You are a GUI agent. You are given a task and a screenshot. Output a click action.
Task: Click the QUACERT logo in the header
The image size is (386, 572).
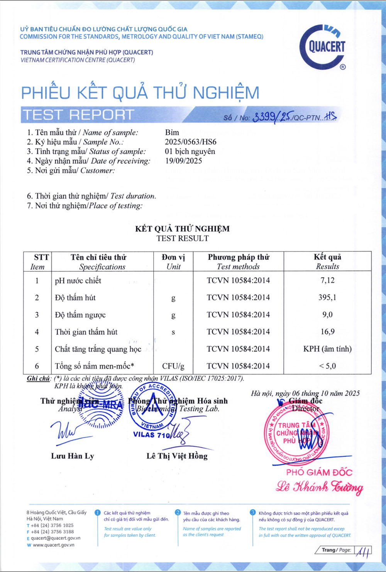point(323,47)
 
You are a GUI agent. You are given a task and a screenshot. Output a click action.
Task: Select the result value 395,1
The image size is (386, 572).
point(327,297)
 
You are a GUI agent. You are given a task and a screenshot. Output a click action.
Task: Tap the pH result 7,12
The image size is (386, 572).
point(327,280)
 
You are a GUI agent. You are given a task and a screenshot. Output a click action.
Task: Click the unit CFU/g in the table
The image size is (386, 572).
point(173,366)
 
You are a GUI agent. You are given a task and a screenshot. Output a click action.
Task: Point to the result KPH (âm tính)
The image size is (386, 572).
point(327,349)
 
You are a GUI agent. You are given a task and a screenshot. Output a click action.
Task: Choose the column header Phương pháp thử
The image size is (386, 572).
point(238,257)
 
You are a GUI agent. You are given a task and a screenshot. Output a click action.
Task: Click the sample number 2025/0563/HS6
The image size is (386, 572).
point(190,142)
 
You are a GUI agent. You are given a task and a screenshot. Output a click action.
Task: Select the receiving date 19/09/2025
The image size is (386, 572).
point(183,161)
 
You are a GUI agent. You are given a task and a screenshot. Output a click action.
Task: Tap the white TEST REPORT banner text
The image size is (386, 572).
point(78,115)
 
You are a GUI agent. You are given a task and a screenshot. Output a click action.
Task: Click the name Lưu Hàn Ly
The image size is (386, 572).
point(73,456)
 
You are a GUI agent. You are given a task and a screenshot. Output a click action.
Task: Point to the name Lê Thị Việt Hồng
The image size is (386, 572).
point(177,456)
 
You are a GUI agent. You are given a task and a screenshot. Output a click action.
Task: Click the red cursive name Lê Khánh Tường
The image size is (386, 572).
point(319,487)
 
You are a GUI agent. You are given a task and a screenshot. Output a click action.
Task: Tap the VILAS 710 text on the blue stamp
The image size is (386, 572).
point(151,435)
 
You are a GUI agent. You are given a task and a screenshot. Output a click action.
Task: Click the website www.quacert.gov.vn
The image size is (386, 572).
point(53,545)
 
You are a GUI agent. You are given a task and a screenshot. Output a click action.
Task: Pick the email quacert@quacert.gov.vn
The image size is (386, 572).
point(56,538)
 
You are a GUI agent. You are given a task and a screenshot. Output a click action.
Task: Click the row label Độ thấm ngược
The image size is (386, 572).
point(80,315)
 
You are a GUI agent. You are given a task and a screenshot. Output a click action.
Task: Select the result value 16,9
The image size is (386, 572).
point(327,332)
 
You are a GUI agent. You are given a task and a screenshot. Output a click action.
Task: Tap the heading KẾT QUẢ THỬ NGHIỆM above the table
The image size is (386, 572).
point(182,229)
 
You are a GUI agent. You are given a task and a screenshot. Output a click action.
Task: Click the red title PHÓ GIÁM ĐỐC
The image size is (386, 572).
point(319,472)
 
